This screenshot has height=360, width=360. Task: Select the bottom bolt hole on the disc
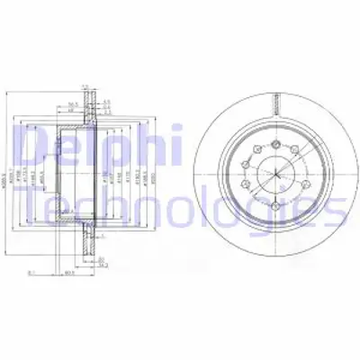point(270,202)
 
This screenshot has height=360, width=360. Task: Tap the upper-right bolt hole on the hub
point(293,152)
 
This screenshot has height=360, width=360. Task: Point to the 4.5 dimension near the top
point(106,100)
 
